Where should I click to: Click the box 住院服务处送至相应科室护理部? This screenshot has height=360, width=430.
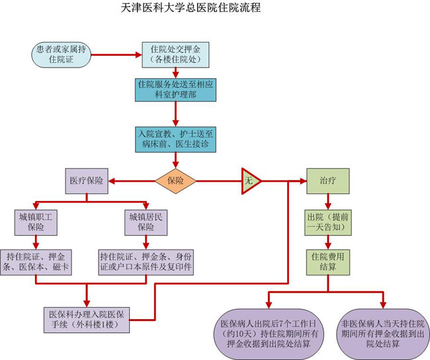tap(175, 90)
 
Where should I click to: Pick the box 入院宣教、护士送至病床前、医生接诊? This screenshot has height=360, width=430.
tap(175, 138)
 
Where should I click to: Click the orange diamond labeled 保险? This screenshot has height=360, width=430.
tap(175, 180)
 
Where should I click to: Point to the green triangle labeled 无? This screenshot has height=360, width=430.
tap(249, 180)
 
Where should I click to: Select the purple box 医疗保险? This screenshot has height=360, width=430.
tap(87, 180)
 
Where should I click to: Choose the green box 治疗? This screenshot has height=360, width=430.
tap(327, 180)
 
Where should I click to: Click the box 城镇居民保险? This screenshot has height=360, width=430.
tap(146, 222)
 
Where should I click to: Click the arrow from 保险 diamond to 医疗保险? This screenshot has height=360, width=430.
tap(132, 180)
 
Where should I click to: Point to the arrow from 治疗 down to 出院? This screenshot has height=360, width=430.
tap(327, 201)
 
